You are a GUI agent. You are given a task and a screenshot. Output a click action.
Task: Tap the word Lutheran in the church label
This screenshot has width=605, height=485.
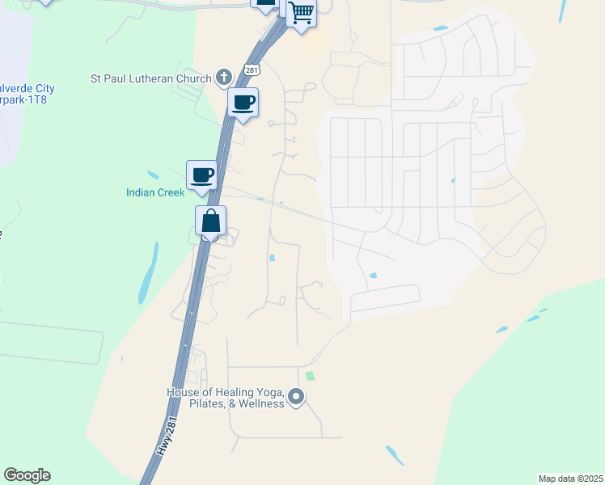[x=152, y=79]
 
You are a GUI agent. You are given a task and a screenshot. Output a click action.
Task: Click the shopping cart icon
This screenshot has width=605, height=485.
[x=301, y=13]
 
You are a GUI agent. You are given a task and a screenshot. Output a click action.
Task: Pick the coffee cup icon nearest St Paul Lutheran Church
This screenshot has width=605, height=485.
[x=243, y=103]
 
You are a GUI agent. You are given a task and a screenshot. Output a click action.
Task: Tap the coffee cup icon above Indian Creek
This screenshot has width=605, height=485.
[x=202, y=174]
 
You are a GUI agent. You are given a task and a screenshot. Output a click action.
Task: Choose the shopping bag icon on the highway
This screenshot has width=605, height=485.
[x=210, y=220]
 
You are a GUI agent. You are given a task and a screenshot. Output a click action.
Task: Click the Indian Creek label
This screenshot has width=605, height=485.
[x=155, y=192]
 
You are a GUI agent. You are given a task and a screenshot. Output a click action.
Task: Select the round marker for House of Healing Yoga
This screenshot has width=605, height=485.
[x=296, y=396]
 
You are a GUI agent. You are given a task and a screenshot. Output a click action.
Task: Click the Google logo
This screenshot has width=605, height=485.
[x=27, y=475]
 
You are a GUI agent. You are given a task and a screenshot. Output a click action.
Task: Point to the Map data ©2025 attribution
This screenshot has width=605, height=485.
[x=569, y=478]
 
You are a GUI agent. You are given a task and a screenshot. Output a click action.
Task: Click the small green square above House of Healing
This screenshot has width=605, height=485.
[x=310, y=376]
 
